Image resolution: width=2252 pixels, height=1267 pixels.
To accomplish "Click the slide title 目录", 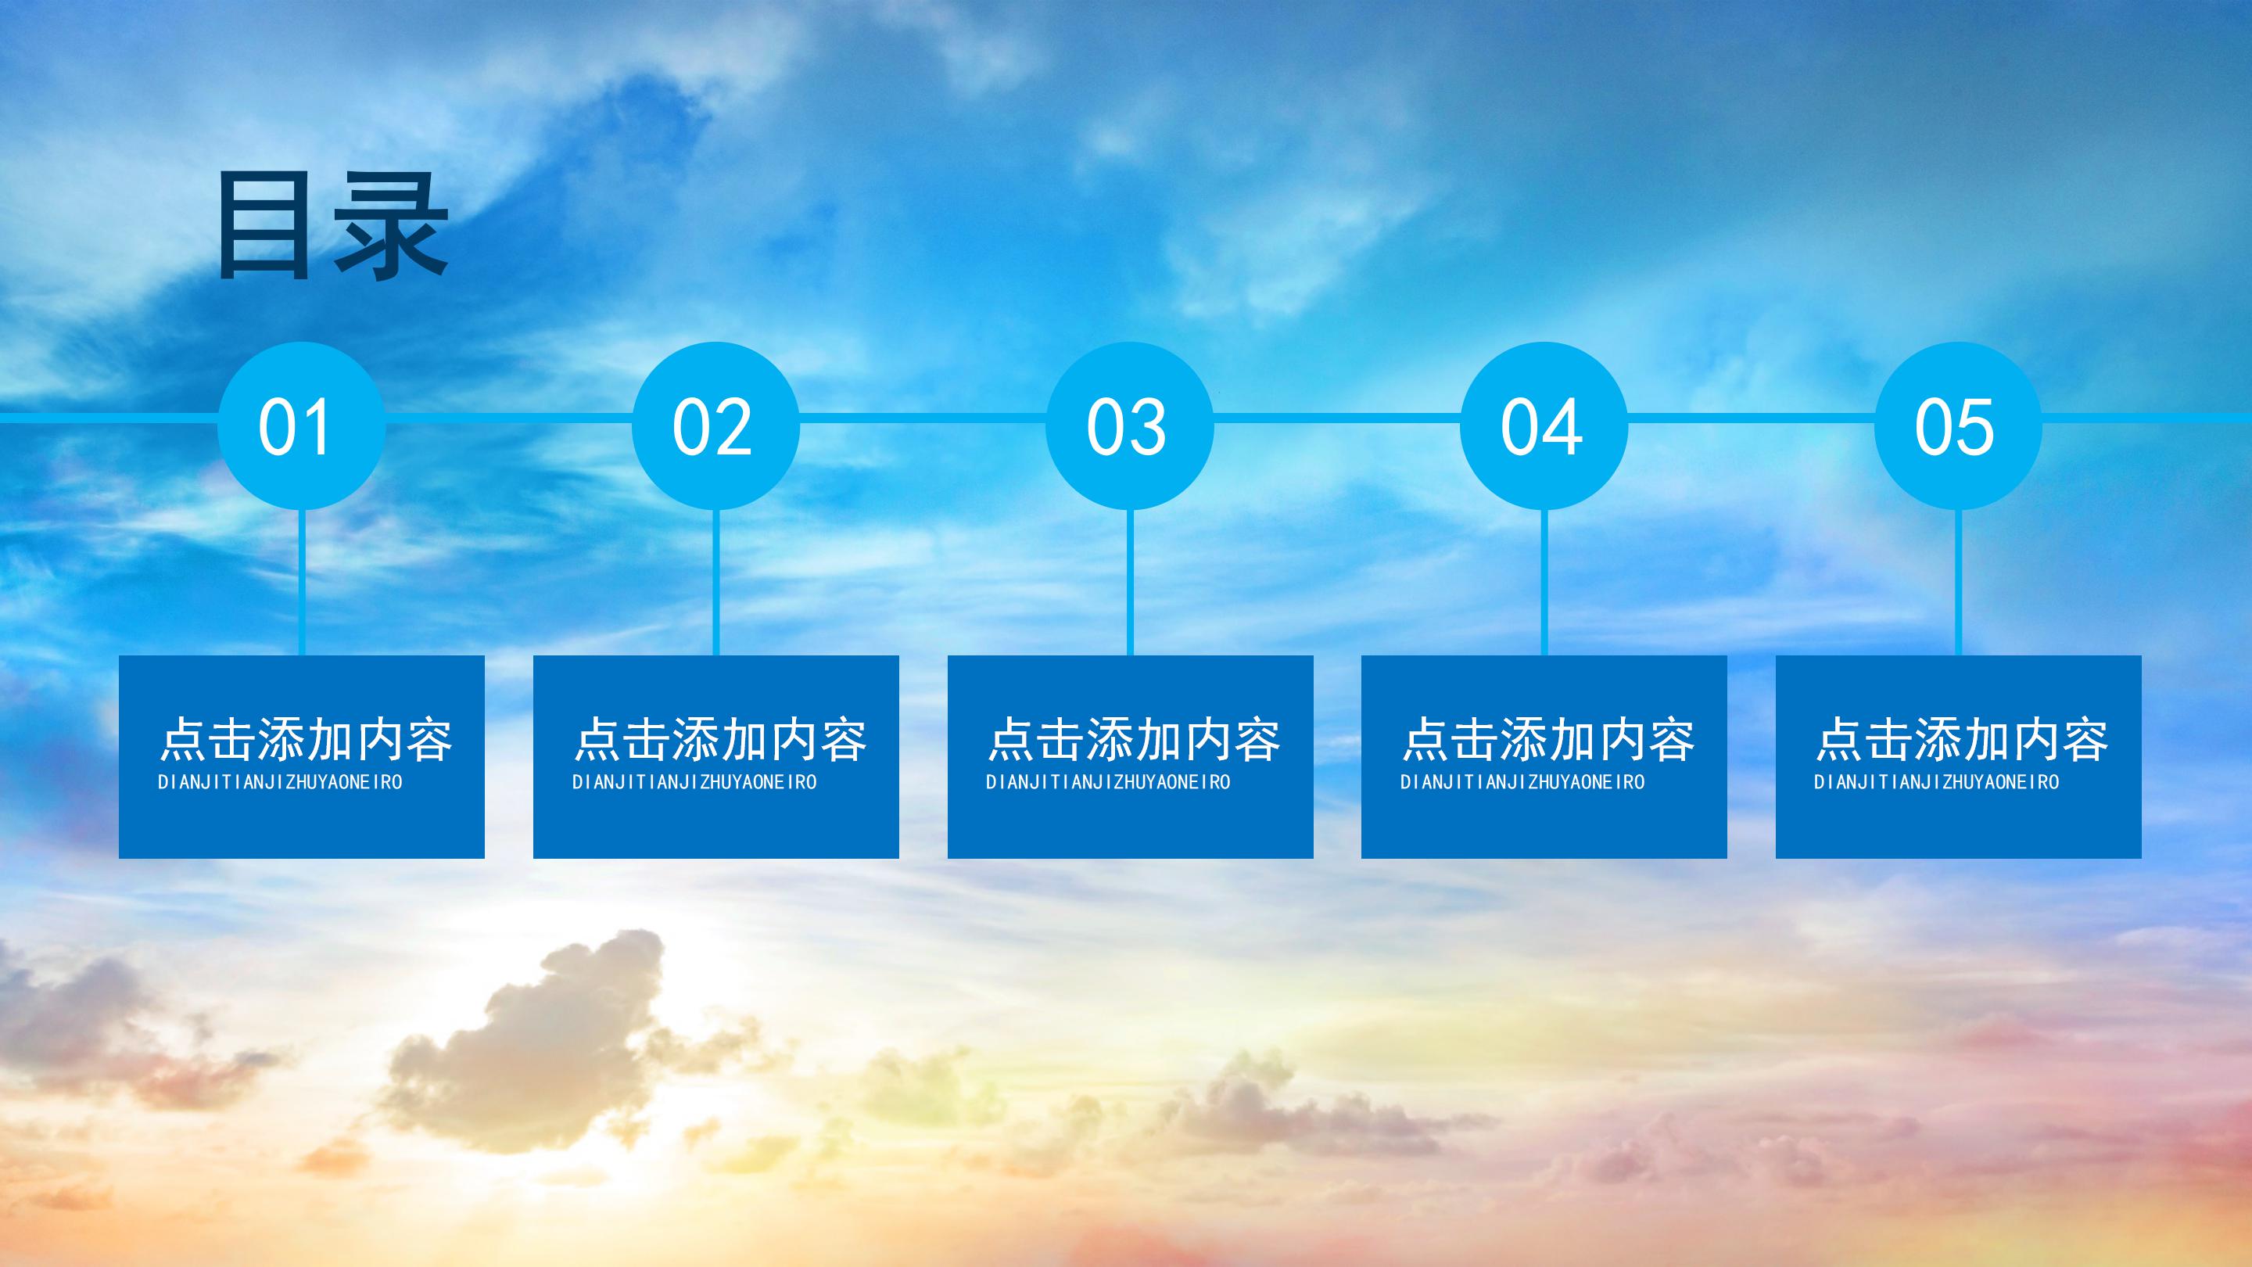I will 332,227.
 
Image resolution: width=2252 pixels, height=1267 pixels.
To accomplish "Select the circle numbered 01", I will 301,425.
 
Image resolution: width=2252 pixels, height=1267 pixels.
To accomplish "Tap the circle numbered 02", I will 715,425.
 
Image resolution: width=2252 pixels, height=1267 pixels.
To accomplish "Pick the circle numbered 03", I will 1129,425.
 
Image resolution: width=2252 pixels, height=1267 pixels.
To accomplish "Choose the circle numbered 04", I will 1544,425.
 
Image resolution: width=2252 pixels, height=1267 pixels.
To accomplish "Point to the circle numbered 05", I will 1957,425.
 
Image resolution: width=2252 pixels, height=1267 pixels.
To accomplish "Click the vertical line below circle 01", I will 302,581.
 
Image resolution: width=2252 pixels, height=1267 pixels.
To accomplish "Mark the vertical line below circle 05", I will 1957,581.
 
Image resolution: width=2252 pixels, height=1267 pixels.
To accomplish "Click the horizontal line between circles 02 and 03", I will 923,418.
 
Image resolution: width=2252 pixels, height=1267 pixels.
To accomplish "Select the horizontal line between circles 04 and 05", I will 1750,418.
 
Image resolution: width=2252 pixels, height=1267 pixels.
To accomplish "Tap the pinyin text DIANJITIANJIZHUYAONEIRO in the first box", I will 280,783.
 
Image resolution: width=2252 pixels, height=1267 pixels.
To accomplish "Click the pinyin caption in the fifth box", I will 1936,783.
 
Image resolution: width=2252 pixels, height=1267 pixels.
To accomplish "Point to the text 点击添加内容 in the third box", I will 1134,740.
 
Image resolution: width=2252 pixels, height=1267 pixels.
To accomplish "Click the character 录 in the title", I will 391,227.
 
